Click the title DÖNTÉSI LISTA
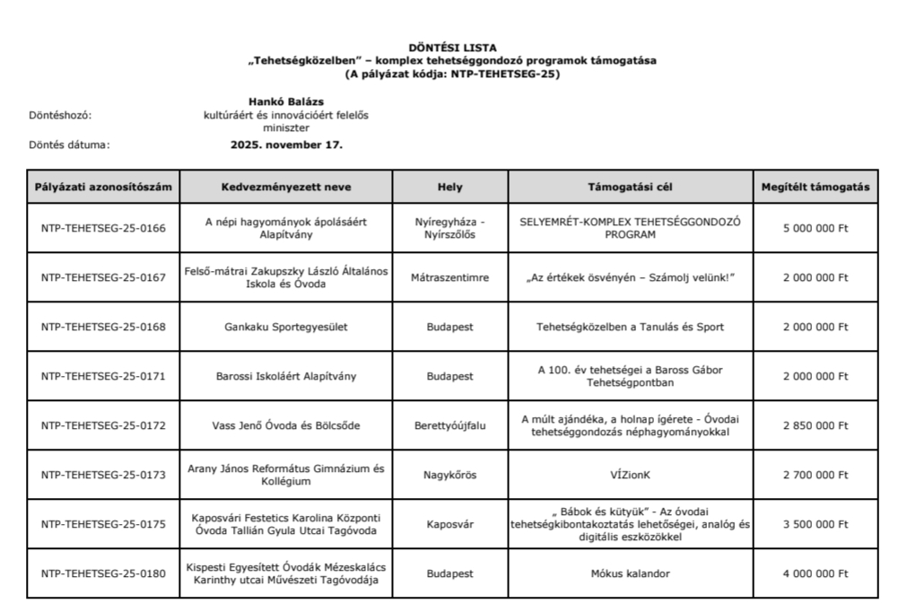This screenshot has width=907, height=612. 452,47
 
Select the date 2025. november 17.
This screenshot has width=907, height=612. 286,144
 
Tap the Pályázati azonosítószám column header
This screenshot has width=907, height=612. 103,187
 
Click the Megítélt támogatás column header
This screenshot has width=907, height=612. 815,187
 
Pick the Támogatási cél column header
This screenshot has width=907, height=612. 630,187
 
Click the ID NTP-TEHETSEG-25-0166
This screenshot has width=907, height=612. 103,228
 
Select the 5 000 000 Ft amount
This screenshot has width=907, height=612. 815,228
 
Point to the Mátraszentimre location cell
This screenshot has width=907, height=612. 450,278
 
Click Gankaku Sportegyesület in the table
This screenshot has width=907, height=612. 286,327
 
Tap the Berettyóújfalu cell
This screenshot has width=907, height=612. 450,425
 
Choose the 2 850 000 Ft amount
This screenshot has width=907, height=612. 815,425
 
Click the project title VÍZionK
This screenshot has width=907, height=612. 630,475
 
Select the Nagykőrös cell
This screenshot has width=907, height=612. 450,475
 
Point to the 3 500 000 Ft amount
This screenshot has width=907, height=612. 815,524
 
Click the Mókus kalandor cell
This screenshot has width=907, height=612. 630,573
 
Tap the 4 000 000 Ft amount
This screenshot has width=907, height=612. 815,573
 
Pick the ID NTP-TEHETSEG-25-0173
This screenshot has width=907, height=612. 103,475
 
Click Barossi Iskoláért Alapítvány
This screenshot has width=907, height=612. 286,376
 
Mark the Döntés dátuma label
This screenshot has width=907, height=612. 69,144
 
